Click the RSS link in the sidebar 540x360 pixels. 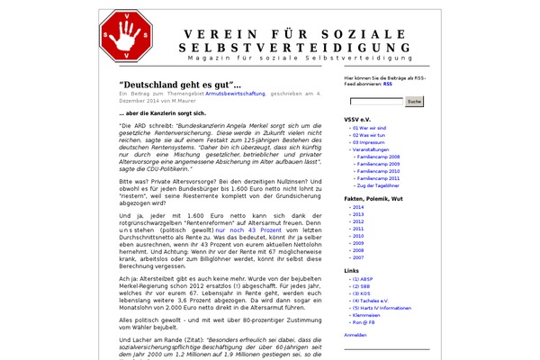click(x=387, y=84)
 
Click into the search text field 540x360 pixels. click(x=373, y=102)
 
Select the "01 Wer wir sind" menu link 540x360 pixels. click(x=371, y=128)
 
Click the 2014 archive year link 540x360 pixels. click(x=357, y=207)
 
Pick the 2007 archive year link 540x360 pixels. click(x=357, y=257)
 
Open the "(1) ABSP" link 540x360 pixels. click(x=364, y=279)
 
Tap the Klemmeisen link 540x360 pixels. click(x=367, y=315)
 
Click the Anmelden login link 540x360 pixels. click(x=355, y=335)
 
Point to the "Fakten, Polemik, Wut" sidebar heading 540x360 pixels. click(x=372, y=196)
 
